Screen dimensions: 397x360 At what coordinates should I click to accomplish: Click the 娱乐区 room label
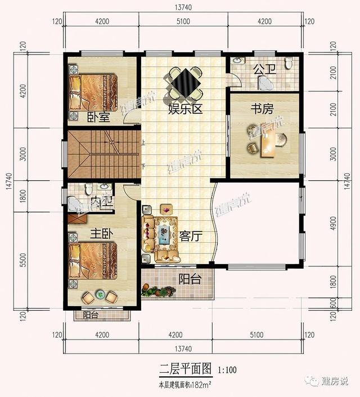coord(184,109)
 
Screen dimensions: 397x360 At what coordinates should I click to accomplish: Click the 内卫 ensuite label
coord(99,201)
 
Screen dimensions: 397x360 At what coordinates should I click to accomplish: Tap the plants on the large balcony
coord(160,292)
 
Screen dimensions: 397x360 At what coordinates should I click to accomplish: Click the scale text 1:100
coord(225,371)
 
